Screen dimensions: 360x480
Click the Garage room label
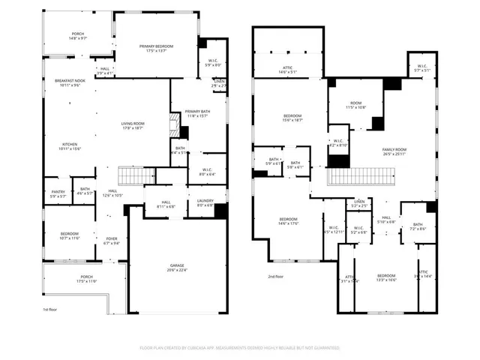tap(178, 268)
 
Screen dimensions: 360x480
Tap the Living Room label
tap(132, 126)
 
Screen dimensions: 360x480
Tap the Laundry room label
tap(205, 203)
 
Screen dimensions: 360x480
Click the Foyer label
tap(111, 241)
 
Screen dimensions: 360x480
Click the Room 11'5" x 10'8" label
tap(355, 105)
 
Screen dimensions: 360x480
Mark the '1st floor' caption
tap(50, 308)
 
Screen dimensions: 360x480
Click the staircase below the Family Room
tap(361, 177)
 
